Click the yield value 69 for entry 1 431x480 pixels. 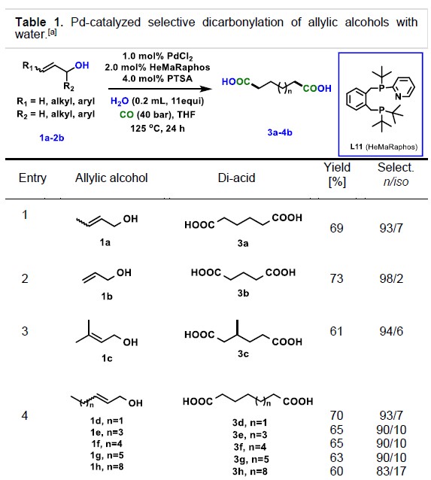pyautogui.click(x=336, y=228)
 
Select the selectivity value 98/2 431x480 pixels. pyautogui.click(x=391, y=278)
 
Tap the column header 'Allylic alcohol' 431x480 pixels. pyautogui.click(x=111, y=178)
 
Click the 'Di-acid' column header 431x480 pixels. pyautogui.click(x=236, y=178)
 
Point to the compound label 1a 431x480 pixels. pyautogui.click(x=105, y=242)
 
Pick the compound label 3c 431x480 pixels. pyautogui.click(x=243, y=354)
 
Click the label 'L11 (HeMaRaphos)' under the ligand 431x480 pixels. pyautogui.click(x=384, y=147)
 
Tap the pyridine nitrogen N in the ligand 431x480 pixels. pyautogui.click(x=398, y=97)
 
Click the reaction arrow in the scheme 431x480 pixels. pyautogui.click(x=160, y=89)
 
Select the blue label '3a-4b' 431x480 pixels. pyautogui.click(x=280, y=132)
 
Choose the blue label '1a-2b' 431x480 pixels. pyautogui.click(x=52, y=138)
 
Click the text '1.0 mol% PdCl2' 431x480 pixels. pyautogui.click(x=158, y=56)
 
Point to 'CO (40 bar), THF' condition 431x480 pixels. pyautogui.click(x=157, y=115)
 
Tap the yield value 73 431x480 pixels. pyautogui.click(x=336, y=278)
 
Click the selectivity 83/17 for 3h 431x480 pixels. pyautogui.click(x=392, y=471)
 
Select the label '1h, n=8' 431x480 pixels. pyautogui.click(x=107, y=466)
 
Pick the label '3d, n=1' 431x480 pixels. pyautogui.click(x=250, y=423)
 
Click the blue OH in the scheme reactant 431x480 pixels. pyautogui.click(x=82, y=65)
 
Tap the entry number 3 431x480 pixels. pyautogui.click(x=25, y=331)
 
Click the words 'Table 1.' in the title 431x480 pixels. pyautogui.click(x=39, y=23)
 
